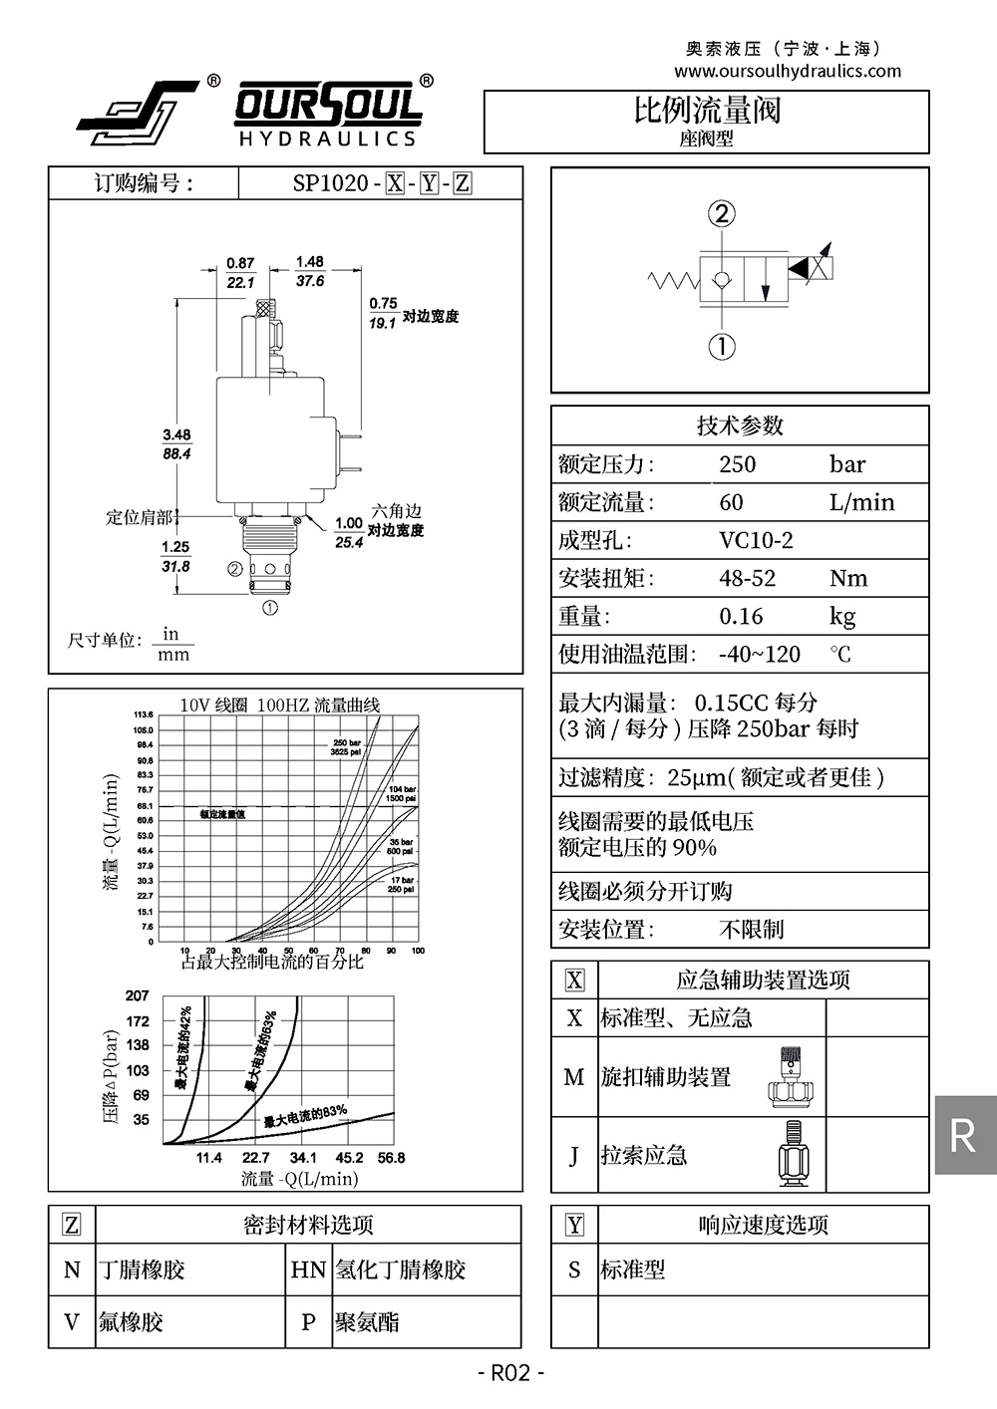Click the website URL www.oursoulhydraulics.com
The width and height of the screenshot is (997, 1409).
787,71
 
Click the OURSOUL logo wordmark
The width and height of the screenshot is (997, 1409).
328,106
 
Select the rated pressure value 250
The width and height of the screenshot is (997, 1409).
738,464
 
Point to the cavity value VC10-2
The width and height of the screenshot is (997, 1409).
756,540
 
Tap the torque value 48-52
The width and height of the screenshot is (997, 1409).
747,578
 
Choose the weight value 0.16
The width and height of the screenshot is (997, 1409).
741,616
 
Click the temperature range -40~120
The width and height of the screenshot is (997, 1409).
759,654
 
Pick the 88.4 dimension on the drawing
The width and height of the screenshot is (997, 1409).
176,453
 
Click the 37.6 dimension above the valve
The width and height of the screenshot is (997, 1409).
310,282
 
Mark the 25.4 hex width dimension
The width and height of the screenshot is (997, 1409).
349,543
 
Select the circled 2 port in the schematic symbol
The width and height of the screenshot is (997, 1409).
722,213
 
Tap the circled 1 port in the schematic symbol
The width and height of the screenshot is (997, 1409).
722,346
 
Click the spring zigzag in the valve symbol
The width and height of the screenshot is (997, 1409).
674,280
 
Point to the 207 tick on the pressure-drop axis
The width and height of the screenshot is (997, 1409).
138,995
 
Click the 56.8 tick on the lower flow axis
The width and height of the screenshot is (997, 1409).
391,1158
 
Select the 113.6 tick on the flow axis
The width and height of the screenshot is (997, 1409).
144,714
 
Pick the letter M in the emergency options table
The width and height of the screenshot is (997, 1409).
574,1077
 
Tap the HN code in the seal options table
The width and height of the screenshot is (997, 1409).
308,1269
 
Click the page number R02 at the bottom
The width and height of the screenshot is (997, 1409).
510,1374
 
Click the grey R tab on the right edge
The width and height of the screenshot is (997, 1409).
964,1135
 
